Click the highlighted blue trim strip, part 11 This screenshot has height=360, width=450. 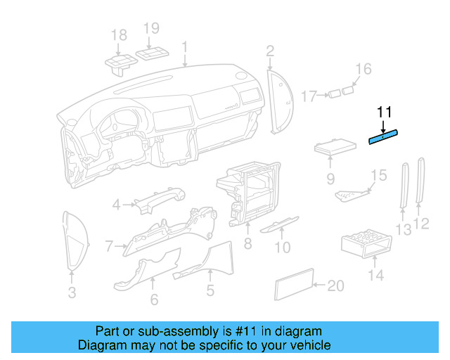384,136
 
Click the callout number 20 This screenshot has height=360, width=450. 336,285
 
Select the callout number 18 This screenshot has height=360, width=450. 119,35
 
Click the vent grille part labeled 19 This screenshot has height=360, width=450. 152,55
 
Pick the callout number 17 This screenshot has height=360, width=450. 310,95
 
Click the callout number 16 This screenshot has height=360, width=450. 362,69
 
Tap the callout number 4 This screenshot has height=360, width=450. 117,205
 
